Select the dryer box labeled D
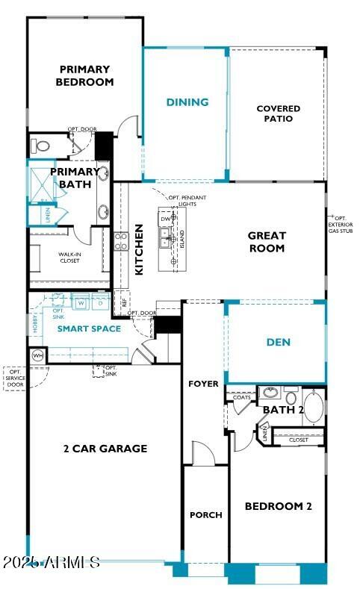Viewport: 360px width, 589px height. pyautogui.click(x=99, y=303)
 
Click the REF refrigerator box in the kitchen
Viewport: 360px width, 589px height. pyautogui.click(x=125, y=303)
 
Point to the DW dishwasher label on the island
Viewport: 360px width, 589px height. pyautogui.click(x=165, y=218)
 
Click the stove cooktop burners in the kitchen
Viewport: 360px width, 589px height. pyautogui.click(x=121, y=240)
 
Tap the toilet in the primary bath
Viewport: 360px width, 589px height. pyautogui.click(x=42, y=146)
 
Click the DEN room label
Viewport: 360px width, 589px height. pyautogui.click(x=278, y=343)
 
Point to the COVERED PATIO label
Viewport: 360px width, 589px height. pyautogui.click(x=278, y=113)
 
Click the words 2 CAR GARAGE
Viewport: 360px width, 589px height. pyautogui.click(x=105, y=449)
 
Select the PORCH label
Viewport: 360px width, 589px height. pyautogui.click(x=205, y=515)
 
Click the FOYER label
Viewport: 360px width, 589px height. pyautogui.click(x=203, y=384)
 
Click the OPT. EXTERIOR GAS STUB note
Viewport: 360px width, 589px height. pyautogui.click(x=343, y=224)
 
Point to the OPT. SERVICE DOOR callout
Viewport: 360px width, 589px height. pyautogui.click(x=14, y=378)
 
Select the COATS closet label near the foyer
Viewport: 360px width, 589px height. pyautogui.click(x=241, y=398)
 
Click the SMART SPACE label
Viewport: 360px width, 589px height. pyautogui.click(x=90, y=328)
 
